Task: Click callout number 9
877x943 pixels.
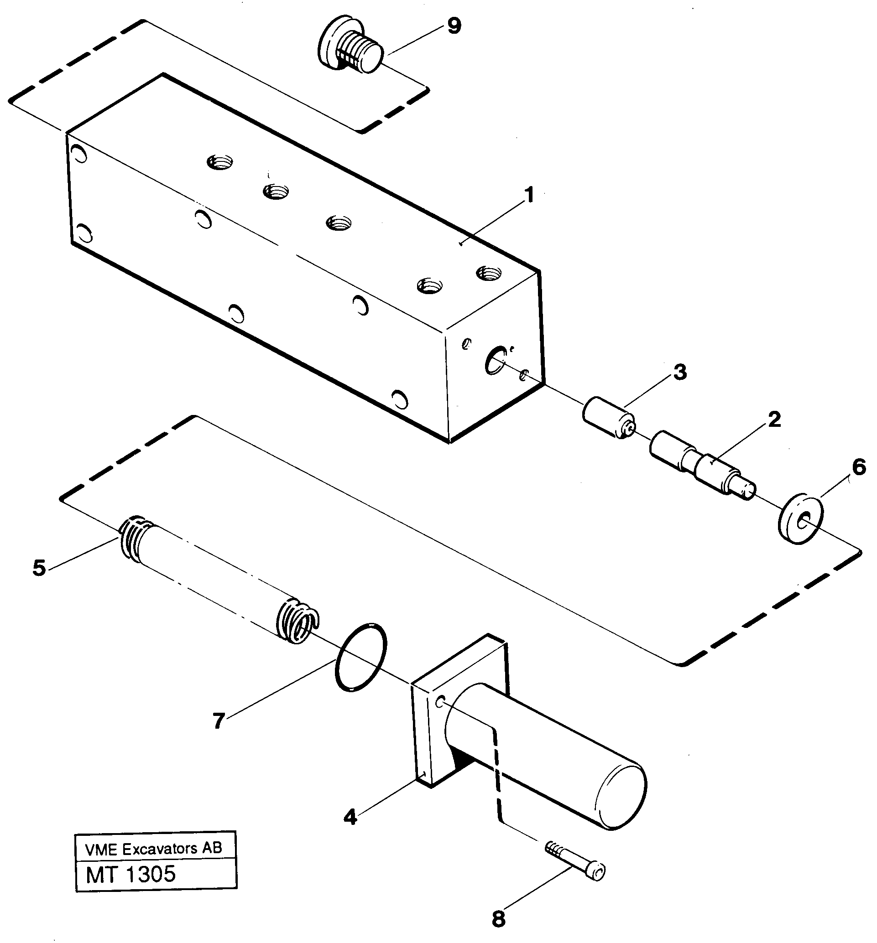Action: point(454,26)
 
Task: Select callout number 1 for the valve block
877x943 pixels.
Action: point(529,196)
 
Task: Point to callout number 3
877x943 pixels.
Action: point(680,373)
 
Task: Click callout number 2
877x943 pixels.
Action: point(773,420)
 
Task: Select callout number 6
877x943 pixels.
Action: point(859,467)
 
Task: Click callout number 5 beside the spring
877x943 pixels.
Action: point(39,568)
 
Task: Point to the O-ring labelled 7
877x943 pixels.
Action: point(360,658)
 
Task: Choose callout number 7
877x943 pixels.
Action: point(218,721)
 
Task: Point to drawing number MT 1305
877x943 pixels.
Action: point(131,874)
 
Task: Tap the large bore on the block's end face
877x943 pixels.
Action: point(496,360)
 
